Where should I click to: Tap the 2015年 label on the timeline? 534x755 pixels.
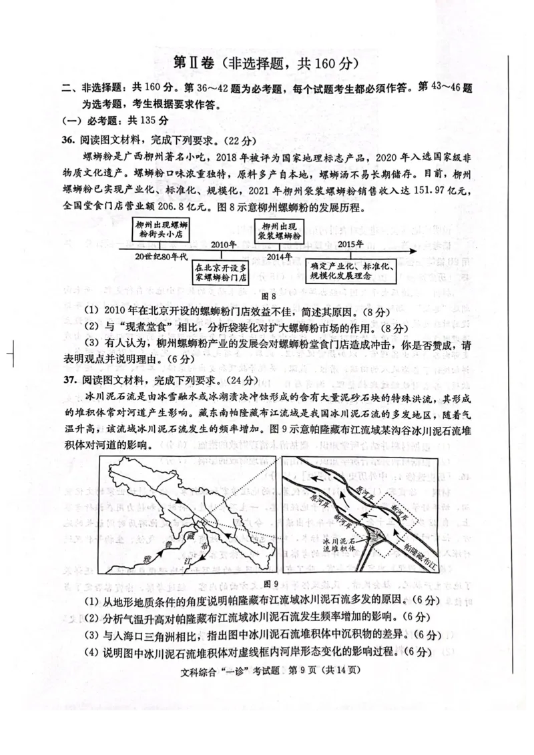coord(352,244)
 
